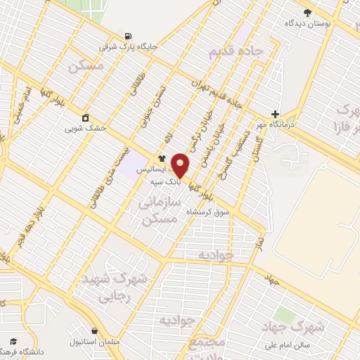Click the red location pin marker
coord(180,165)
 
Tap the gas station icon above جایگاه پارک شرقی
coord(127,36)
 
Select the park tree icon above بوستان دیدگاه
coord(307,12)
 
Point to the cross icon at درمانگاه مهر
coord(275,114)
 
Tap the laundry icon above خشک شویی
coord(85,117)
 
